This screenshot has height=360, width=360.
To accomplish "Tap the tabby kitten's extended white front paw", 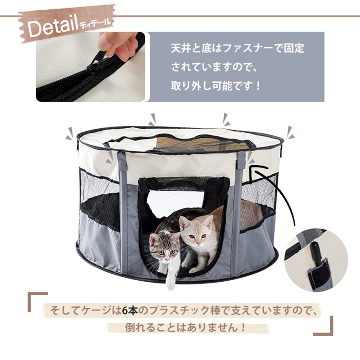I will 170,283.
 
